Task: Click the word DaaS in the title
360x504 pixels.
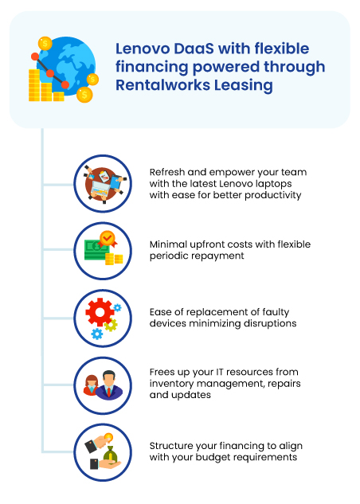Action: click(x=194, y=49)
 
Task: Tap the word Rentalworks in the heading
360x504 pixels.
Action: click(x=162, y=85)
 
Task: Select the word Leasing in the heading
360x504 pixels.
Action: click(x=244, y=86)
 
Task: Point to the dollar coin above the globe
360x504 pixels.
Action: click(x=45, y=43)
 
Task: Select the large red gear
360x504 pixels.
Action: click(x=100, y=312)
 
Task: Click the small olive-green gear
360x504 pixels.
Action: click(x=111, y=325)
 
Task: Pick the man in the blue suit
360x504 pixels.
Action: click(x=109, y=385)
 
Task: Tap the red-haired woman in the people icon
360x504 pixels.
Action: click(x=91, y=385)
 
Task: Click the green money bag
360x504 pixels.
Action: click(x=110, y=454)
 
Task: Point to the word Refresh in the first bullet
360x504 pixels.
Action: click(x=167, y=172)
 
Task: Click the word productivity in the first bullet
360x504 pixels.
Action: click(x=273, y=195)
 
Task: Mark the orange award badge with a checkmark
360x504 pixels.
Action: click(x=108, y=239)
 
